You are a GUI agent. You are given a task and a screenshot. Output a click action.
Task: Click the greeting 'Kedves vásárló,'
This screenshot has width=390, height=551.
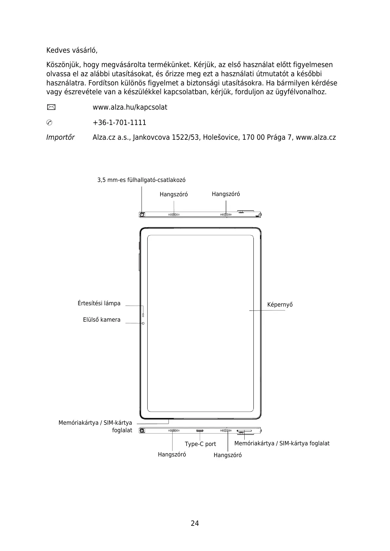coord(72,51)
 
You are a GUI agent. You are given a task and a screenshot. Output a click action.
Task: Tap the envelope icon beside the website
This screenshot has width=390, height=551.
coord(51,107)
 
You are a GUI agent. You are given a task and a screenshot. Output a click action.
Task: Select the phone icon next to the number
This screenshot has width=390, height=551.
coord(49,123)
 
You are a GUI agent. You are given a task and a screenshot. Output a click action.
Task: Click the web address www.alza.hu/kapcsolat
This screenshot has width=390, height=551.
coord(130,107)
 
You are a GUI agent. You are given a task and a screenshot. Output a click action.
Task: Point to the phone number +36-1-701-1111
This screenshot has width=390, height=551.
coord(119,123)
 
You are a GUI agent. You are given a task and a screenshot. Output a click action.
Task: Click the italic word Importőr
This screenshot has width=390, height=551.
coord(60,137)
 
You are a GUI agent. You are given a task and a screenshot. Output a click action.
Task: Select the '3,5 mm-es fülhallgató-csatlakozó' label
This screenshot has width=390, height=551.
coord(141,180)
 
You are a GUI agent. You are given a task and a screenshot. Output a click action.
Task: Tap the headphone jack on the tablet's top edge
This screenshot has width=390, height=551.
coord(142,215)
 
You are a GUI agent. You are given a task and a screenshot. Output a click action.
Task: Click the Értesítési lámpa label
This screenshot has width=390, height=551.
coord(99,303)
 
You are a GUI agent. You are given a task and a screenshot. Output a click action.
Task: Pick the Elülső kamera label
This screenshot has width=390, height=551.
coord(102,320)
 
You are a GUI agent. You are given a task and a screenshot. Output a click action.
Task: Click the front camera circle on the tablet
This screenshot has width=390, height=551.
coord(143,323)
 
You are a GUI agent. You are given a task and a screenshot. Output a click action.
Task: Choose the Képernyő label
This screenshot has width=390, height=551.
coord(280,305)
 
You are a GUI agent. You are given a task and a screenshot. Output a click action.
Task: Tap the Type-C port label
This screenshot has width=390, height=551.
coord(200,444)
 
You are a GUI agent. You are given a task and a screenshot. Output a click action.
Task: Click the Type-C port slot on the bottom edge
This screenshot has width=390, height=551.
coord(200,431)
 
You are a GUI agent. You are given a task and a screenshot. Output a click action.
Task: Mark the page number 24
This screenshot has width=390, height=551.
coord(195,523)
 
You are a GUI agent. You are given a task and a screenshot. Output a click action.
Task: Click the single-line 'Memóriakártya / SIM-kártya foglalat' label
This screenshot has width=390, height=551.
coord(282,443)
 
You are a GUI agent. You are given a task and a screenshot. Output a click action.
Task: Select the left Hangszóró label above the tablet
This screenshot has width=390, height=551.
coord(174,194)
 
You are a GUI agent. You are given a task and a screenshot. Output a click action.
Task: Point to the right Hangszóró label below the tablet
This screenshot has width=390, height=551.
coord(228,455)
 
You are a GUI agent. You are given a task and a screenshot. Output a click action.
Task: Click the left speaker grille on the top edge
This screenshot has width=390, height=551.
coord(174,215)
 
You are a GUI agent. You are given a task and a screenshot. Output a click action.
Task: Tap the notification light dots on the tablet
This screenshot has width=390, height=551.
coord(143,315)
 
